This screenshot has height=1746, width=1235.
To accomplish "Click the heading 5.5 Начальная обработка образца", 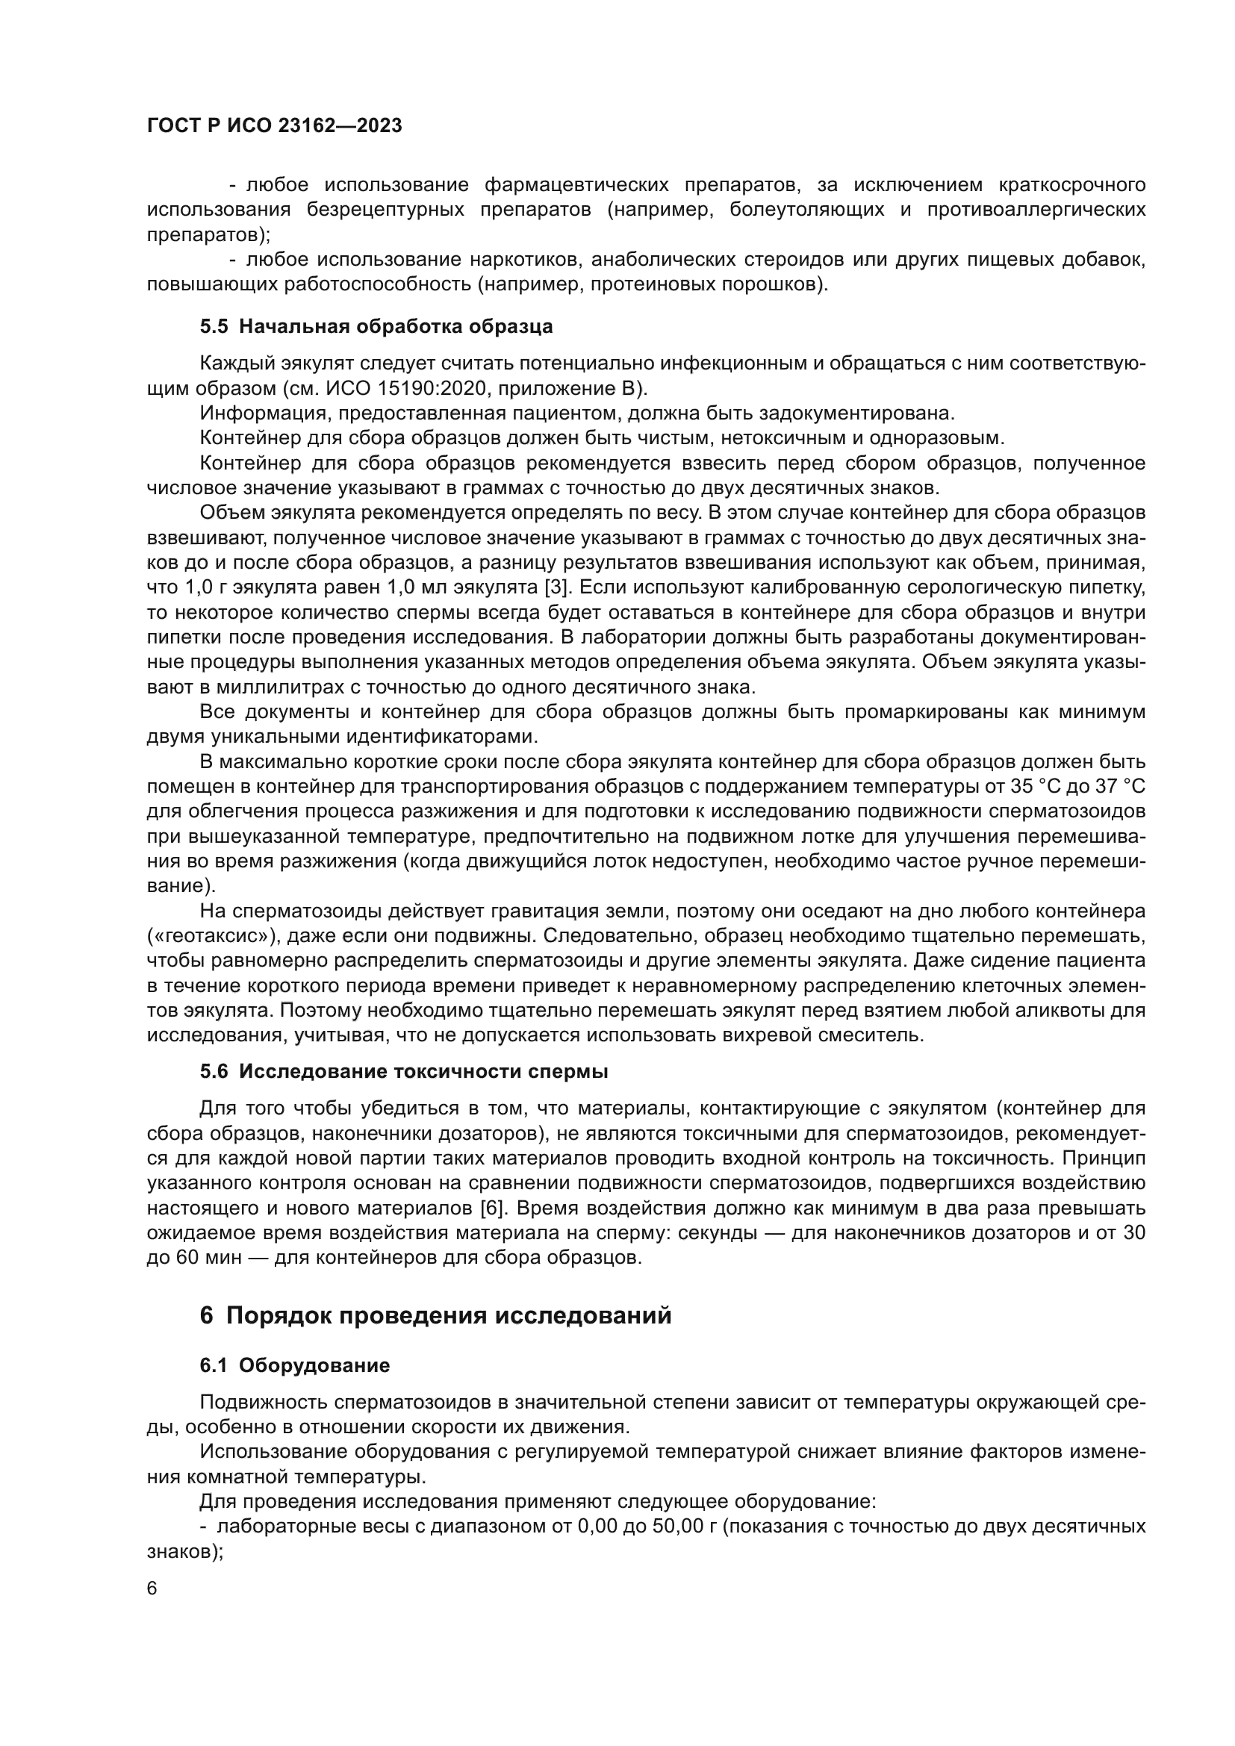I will point(376,327).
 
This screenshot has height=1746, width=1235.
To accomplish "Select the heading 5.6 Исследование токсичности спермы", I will point(404,1072).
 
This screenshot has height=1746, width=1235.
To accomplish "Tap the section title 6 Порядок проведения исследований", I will point(436,1315).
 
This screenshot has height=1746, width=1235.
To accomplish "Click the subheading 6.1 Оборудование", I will point(295,1365).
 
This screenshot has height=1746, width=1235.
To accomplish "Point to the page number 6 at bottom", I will point(152,1588).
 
